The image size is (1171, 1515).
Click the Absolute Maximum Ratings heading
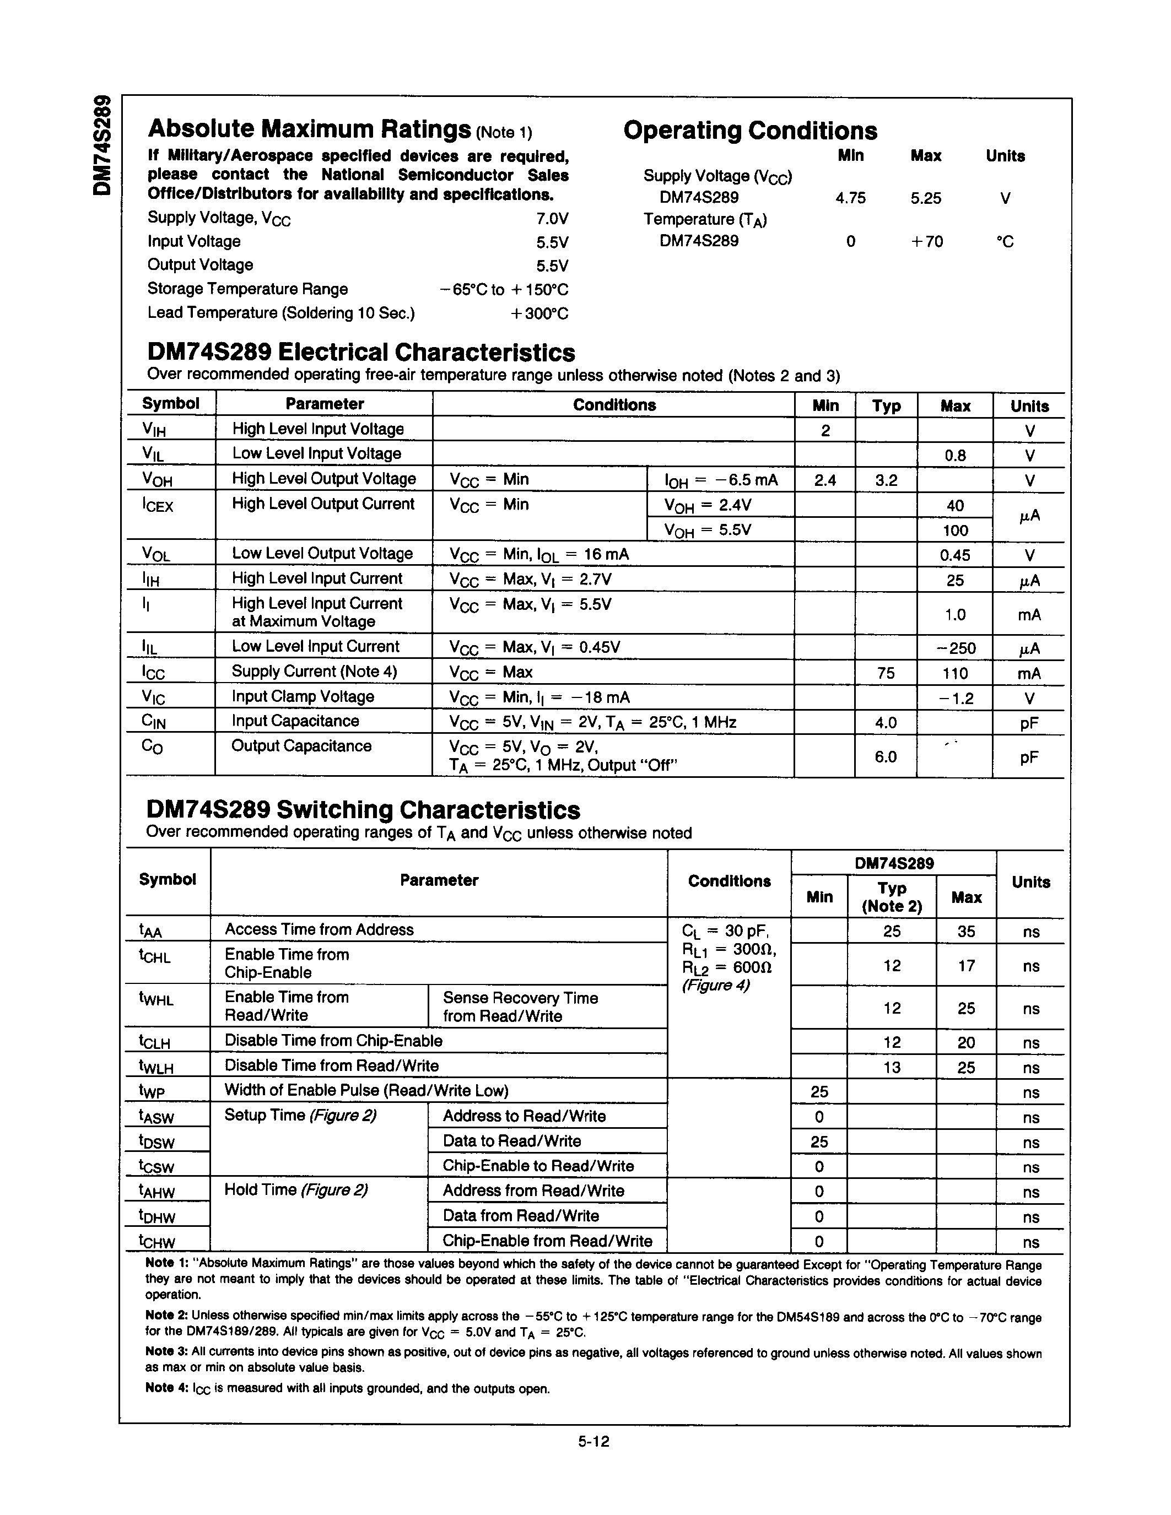pos(309,129)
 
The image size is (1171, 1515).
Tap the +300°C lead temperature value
pos(539,313)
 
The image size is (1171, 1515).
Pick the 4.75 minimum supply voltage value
pos(850,198)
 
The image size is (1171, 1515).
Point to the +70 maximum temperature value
pos(926,241)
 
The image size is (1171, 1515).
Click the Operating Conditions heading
pos(750,131)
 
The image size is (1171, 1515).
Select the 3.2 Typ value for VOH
pos(886,480)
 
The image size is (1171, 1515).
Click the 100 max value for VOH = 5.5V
pos(954,531)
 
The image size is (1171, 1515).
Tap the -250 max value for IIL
pos(955,648)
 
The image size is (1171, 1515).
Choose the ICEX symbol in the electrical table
pos(158,506)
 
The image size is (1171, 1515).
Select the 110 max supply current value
pos(954,673)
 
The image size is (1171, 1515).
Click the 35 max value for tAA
pos(965,932)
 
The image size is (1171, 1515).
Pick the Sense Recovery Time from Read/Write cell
pos(520,1007)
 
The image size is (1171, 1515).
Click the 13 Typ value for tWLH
pos(892,1068)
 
